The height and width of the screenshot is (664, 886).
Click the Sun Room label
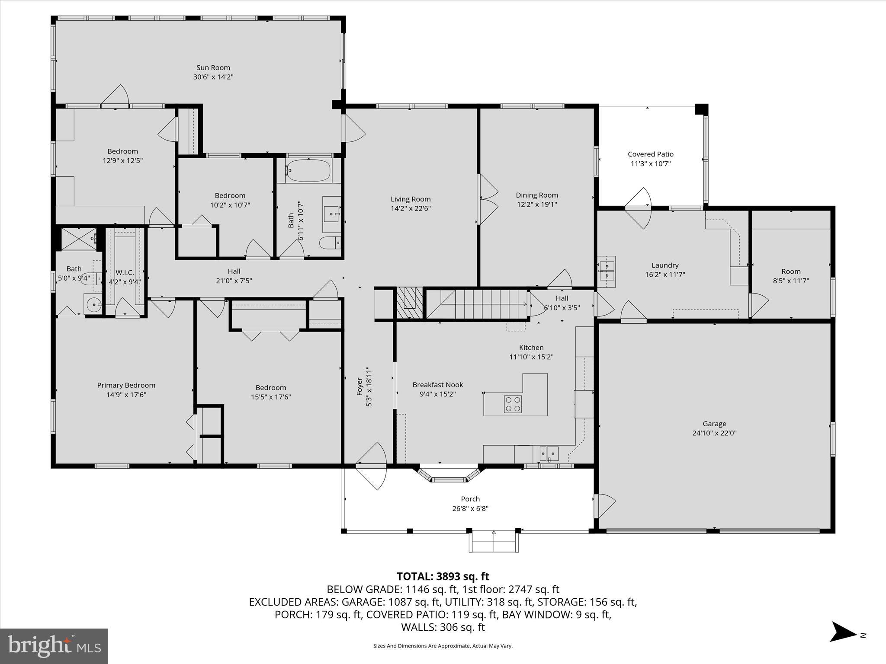point(213,67)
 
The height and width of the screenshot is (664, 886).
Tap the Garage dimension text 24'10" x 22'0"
point(714,433)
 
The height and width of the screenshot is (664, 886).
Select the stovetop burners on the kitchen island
point(513,404)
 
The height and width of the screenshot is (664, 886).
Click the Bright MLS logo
point(54,646)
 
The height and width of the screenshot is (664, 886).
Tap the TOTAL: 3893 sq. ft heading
point(443,576)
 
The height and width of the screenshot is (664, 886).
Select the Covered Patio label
point(650,154)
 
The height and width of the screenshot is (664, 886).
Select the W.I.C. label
point(125,273)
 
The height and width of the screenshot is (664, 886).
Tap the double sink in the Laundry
point(607,270)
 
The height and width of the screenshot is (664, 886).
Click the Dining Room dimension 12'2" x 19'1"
point(536,204)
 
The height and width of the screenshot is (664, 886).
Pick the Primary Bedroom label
point(126,385)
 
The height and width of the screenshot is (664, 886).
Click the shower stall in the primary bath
point(79,239)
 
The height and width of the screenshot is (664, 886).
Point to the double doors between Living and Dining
point(487,199)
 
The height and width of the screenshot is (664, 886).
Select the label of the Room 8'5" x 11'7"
point(790,271)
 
